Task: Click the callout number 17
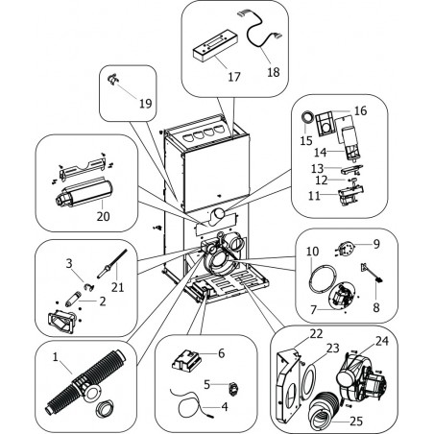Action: [x=234, y=77]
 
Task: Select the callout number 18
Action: [x=274, y=72]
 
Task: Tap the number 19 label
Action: [x=146, y=104]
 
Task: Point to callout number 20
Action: [x=103, y=217]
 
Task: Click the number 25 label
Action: [x=356, y=422]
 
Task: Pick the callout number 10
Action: [x=312, y=252]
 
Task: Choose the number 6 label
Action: [x=222, y=353]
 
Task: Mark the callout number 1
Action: [x=56, y=357]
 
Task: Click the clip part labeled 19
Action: [x=112, y=80]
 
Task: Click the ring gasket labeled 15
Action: [x=308, y=117]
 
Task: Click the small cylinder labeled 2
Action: [x=71, y=301]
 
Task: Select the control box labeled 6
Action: [x=187, y=361]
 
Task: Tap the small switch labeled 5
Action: [x=232, y=388]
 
